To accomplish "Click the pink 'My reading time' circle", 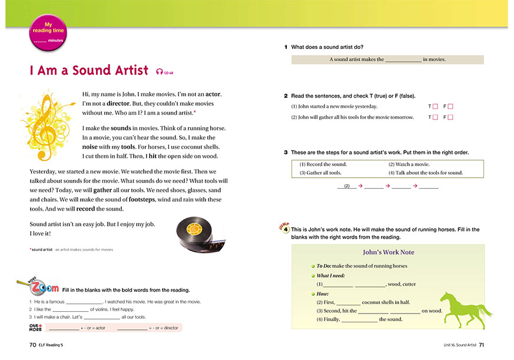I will [x=47, y=32].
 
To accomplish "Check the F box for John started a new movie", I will [x=450, y=106].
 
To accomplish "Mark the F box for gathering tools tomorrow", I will [x=450, y=118].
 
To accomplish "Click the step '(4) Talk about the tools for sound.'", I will [x=425, y=173].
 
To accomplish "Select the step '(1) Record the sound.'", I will [x=323, y=164].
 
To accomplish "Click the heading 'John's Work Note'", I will [x=388, y=252].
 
